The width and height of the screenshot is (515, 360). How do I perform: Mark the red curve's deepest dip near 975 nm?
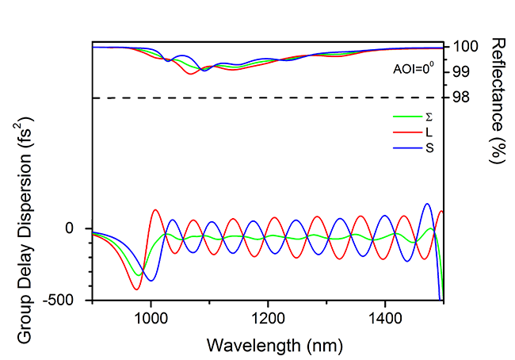coord(136,289)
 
